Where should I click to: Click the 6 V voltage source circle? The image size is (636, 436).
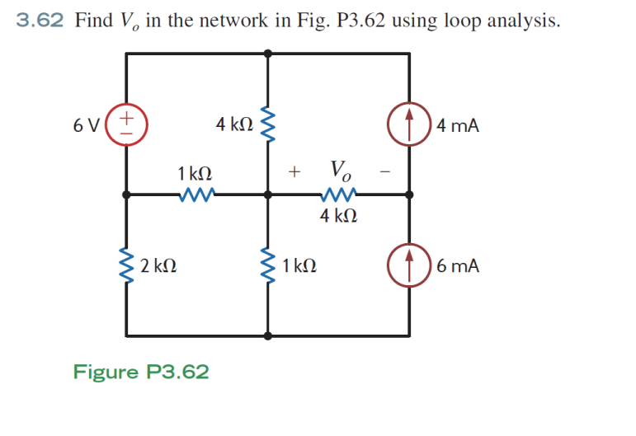(x=126, y=125)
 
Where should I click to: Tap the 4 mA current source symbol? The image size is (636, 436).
(x=410, y=125)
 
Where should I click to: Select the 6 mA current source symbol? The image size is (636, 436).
(x=410, y=266)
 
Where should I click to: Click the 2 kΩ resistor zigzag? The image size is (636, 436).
(x=126, y=265)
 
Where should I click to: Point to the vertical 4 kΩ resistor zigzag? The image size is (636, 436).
(x=267, y=125)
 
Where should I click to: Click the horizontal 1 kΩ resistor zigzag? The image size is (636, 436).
(x=196, y=195)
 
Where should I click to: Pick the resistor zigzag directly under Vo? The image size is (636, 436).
(x=338, y=195)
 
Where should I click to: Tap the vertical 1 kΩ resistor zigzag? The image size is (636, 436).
(x=267, y=265)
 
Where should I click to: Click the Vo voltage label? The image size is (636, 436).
(x=340, y=171)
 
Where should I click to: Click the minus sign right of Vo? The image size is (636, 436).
(x=384, y=172)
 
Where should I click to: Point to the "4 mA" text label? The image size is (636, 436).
(x=458, y=126)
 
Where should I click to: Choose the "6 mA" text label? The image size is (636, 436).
(x=458, y=266)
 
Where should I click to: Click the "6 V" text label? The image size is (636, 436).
(x=87, y=126)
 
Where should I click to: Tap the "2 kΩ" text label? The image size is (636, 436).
(x=158, y=266)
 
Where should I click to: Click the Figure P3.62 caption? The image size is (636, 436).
(x=141, y=372)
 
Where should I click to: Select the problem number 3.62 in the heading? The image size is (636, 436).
(x=40, y=21)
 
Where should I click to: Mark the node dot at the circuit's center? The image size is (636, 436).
(x=267, y=195)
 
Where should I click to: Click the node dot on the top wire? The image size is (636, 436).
(x=267, y=53)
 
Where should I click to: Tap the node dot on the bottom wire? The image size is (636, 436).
(x=267, y=335)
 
